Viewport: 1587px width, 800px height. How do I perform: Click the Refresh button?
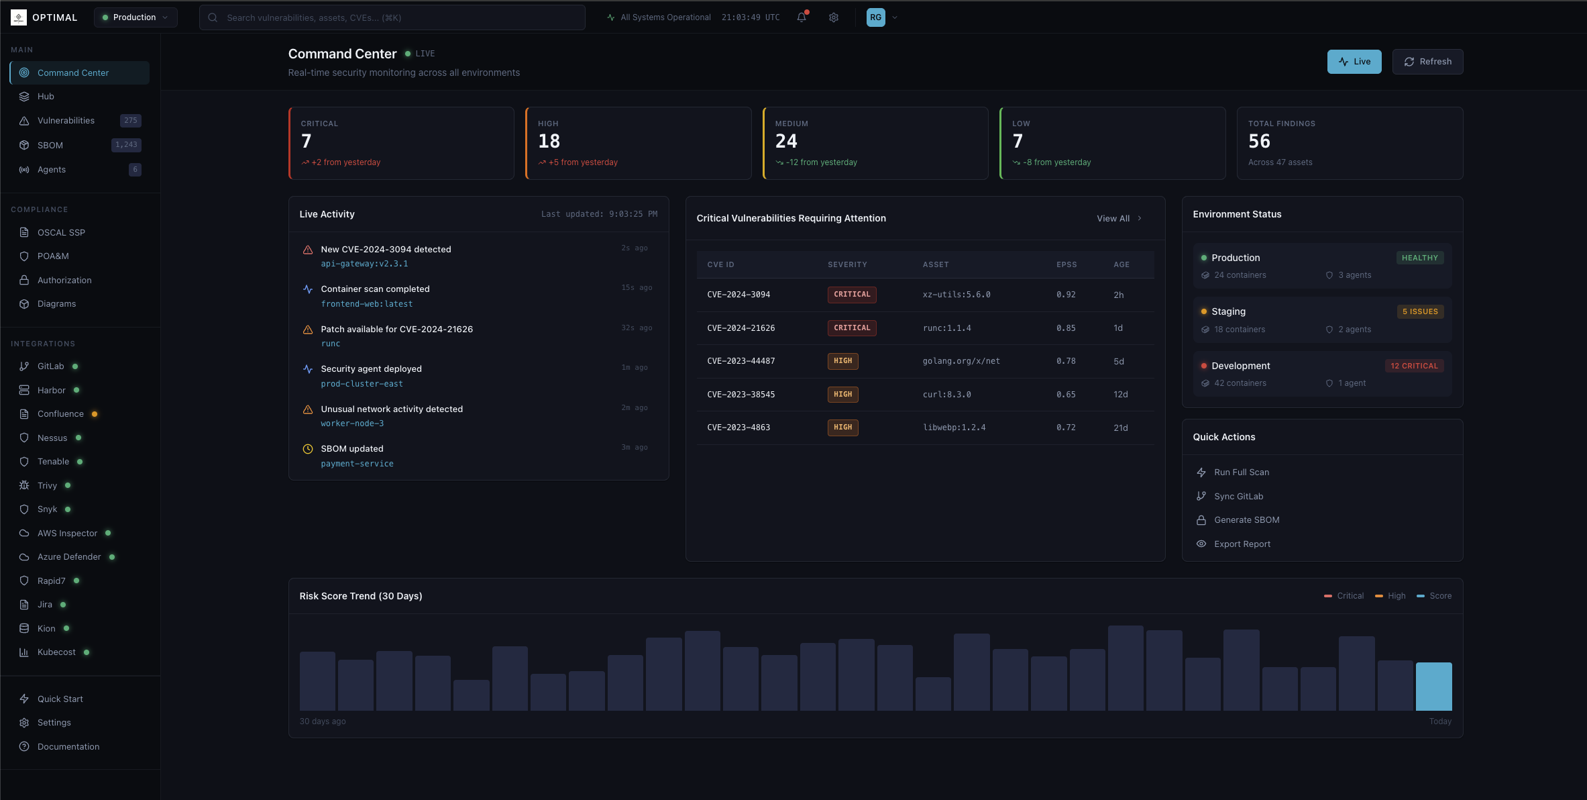pyautogui.click(x=1427, y=62)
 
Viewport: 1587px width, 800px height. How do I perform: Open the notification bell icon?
pyautogui.click(x=802, y=17)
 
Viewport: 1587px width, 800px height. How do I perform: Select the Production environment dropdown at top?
pyautogui.click(x=135, y=17)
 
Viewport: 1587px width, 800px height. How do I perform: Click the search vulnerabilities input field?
pyautogui.click(x=392, y=17)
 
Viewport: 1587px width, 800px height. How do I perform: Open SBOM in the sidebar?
pyautogui.click(x=50, y=145)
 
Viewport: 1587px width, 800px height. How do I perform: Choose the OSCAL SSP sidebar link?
pyautogui.click(x=61, y=232)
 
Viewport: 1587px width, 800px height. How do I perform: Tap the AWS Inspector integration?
pyautogui.click(x=67, y=533)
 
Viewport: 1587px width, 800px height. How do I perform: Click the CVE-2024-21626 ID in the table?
pyautogui.click(x=741, y=328)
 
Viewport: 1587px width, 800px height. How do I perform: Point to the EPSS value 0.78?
pyautogui.click(x=1065, y=361)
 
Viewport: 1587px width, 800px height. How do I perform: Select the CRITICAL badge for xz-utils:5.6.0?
pyautogui.click(x=851, y=295)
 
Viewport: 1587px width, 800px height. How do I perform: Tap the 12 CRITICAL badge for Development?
pyautogui.click(x=1414, y=366)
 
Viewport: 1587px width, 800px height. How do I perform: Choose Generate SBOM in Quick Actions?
pyautogui.click(x=1246, y=520)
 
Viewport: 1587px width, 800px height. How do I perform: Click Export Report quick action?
pyautogui.click(x=1242, y=544)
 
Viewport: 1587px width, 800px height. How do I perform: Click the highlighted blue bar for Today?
pyautogui.click(x=1433, y=686)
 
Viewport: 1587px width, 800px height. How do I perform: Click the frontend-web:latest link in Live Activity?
pyautogui.click(x=366, y=304)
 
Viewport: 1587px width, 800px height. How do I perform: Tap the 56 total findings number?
pyautogui.click(x=1259, y=141)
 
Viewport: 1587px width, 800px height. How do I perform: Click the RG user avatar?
pyautogui.click(x=875, y=17)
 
